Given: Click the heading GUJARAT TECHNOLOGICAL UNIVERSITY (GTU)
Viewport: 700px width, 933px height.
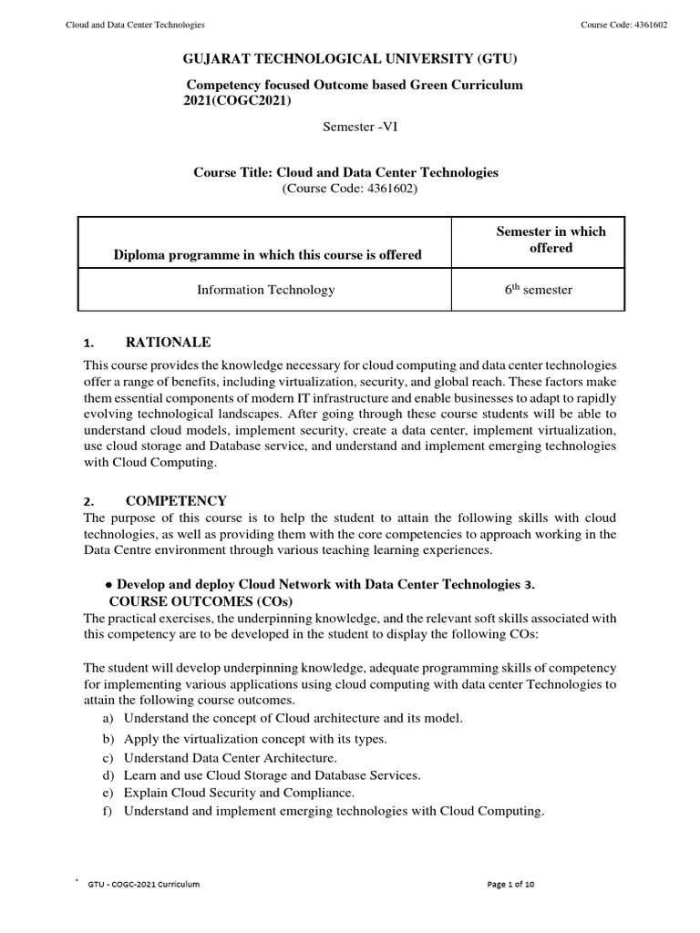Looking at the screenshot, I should click(x=350, y=60).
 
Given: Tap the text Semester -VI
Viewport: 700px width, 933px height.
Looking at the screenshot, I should click(x=360, y=127).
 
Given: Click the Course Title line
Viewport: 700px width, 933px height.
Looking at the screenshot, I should click(x=345, y=172).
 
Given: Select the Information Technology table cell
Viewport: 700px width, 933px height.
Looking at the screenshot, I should click(x=265, y=290).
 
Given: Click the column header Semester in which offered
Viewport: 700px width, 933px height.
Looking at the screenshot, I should click(x=551, y=240).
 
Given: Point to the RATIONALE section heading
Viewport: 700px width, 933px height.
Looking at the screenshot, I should click(x=168, y=342).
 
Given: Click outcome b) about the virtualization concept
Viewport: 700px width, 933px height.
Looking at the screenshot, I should click(x=255, y=738).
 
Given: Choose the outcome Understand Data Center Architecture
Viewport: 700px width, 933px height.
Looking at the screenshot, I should click(x=230, y=757).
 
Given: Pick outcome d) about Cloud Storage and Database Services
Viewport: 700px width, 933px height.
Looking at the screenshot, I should click(x=272, y=775).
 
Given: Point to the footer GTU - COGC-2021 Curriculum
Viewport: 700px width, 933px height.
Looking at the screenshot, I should click(x=144, y=885).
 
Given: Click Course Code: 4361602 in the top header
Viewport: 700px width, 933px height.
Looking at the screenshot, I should click(x=623, y=25).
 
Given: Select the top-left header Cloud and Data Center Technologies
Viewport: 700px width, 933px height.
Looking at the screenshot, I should click(x=135, y=25).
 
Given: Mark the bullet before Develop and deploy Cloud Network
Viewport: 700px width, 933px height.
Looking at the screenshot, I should click(x=108, y=584).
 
